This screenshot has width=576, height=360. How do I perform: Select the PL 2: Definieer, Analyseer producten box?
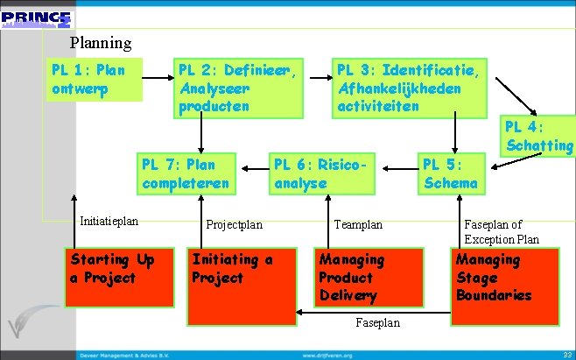click(239, 88)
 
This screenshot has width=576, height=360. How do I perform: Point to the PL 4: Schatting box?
click(537, 136)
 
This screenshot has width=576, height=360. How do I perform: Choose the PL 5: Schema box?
click(451, 173)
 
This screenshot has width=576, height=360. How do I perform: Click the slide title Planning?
click(101, 42)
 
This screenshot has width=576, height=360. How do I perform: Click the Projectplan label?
click(234, 224)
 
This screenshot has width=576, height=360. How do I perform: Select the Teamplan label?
click(358, 224)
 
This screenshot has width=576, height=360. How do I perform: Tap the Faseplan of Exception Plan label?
click(502, 231)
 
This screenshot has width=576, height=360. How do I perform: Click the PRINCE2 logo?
click(38, 18)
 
